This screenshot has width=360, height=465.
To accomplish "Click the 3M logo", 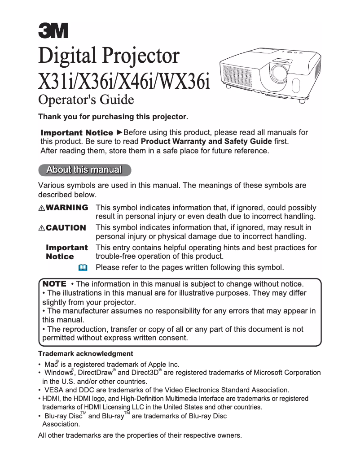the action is (x=53, y=30).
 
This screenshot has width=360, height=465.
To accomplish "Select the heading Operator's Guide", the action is (x=86, y=99).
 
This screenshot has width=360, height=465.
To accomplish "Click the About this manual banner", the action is (x=84, y=169).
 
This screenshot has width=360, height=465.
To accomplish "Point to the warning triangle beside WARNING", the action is (x=42, y=208).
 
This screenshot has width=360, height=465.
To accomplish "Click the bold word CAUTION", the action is (x=66, y=228).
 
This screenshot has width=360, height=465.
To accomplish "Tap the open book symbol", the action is (x=82, y=268).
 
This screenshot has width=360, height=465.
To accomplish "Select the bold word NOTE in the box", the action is (x=54, y=284).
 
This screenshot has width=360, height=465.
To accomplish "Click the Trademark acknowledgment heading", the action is (x=85, y=354).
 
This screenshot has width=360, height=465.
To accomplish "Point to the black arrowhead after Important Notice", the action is (x=119, y=132).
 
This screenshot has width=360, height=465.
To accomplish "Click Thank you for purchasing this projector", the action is (x=113, y=117).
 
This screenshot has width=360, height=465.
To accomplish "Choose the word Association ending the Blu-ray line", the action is (x=61, y=424).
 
